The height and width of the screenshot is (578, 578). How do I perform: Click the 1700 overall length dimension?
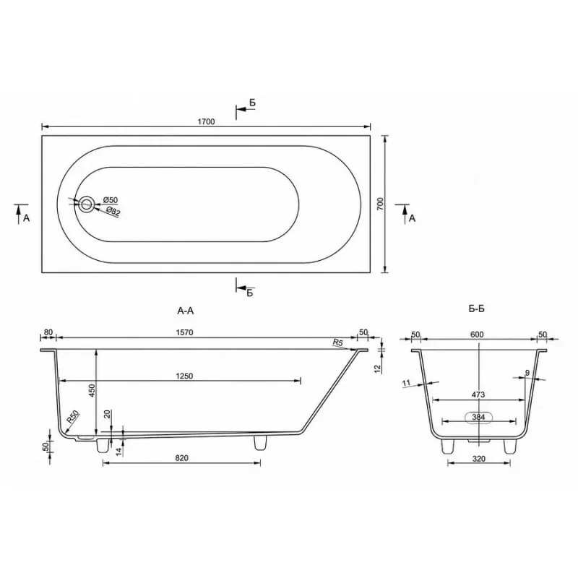point(206,121)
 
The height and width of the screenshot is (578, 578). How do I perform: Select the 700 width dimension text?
point(381,204)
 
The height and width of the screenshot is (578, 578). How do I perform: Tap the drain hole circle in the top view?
point(87,204)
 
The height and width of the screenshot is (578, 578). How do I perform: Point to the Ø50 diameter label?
point(111,200)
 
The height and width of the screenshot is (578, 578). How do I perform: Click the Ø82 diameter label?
point(113,212)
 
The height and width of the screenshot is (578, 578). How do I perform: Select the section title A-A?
point(185,311)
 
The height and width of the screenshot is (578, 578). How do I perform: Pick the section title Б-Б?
point(477,309)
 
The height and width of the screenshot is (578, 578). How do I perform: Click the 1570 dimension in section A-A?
point(185,332)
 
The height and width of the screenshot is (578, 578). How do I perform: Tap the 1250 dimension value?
point(184,376)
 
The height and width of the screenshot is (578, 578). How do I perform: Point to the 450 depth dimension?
point(92,390)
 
